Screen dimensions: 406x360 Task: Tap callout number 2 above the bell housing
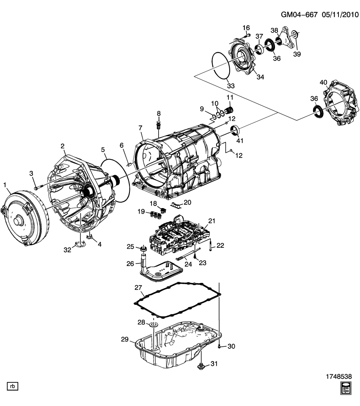(x=63, y=146)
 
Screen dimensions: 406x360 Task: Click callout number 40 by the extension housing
(x=324, y=83)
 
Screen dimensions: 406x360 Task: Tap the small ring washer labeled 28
(x=153, y=324)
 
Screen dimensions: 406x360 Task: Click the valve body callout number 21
(x=212, y=221)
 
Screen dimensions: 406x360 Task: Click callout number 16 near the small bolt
(x=246, y=28)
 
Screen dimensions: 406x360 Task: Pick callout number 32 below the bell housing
(x=67, y=250)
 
